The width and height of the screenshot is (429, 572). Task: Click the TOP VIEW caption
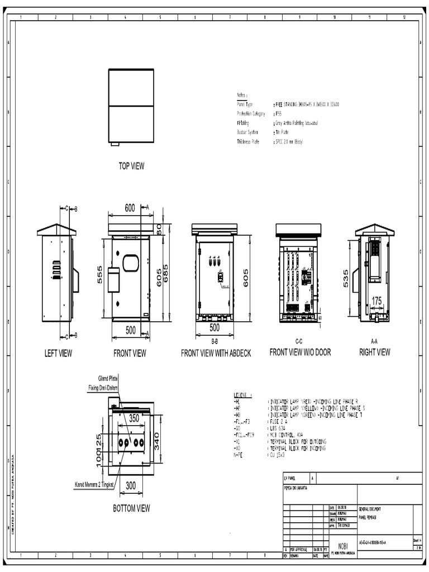[x=131, y=166]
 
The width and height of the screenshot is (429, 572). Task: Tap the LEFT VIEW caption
[x=59, y=353]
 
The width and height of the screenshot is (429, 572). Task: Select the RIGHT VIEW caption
[x=375, y=352]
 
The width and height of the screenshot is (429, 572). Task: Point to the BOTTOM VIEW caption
[x=131, y=508]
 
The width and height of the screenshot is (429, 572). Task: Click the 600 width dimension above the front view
[x=130, y=208]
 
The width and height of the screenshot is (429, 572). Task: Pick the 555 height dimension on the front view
[x=101, y=274]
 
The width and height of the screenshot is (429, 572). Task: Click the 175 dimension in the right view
[x=376, y=301]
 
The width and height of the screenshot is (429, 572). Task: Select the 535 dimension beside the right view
[x=346, y=277]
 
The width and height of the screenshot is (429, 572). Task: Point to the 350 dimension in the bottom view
[x=134, y=417]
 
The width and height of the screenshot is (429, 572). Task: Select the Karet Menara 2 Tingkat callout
[x=94, y=485]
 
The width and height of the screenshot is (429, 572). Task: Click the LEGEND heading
[x=244, y=394]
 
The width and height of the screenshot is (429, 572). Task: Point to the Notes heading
[x=242, y=96]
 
